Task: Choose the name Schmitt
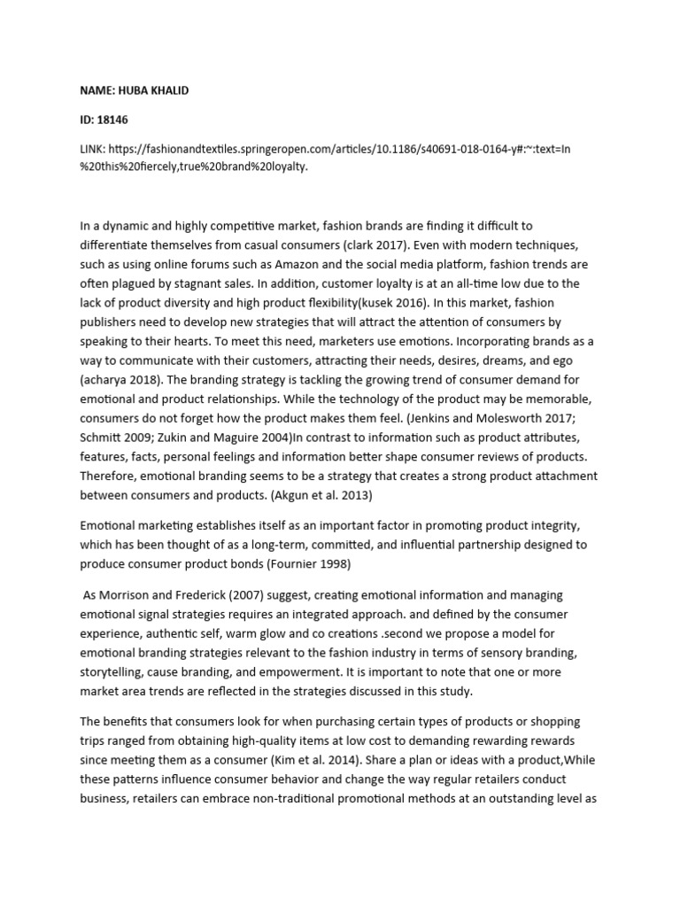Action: click(x=101, y=438)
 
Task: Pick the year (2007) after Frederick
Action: click(x=251, y=595)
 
